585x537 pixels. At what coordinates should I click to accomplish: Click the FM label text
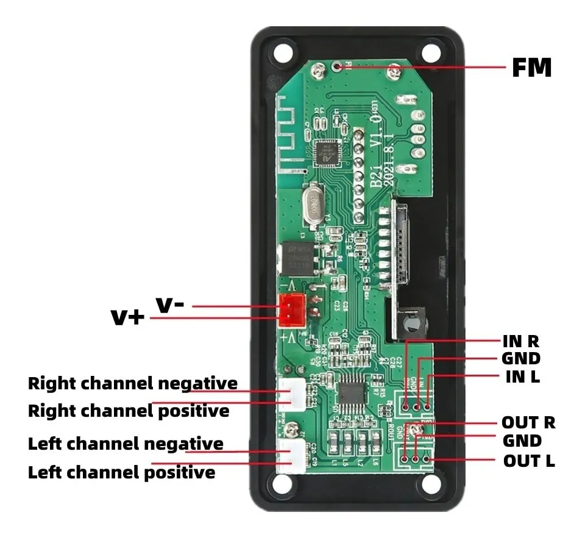(x=531, y=68)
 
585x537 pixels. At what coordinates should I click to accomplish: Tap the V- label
(x=170, y=305)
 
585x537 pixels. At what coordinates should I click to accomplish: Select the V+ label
(x=127, y=317)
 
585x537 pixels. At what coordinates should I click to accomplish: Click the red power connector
(x=290, y=309)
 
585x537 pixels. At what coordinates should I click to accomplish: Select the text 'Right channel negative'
(x=132, y=384)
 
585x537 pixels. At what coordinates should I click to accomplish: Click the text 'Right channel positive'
(x=129, y=411)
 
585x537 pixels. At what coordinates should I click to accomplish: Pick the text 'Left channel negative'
(x=126, y=444)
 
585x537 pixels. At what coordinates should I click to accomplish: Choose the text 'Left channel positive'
(x=121, y=472)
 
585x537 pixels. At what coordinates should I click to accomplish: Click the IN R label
(x=520, y=341)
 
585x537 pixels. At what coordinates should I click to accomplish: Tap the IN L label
(x=522, y=377)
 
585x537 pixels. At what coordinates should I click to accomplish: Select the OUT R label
(x=528, y=422)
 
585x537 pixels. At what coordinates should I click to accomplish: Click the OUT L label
(x=528, y=461)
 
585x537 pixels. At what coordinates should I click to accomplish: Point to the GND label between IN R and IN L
(x=520, y=358)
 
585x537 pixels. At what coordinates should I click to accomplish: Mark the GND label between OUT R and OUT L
(x=522, y=441)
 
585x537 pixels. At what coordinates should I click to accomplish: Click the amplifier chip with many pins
(x=352, y=393)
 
